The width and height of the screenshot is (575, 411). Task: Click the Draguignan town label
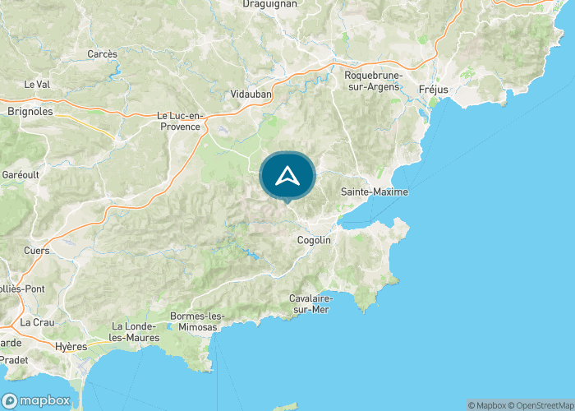click(x=269, y=4)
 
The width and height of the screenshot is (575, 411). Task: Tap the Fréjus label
click(x=433, y=88)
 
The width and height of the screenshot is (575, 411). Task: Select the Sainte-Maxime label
click(x=374, y=192)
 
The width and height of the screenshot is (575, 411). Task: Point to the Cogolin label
click(x=314, y=240)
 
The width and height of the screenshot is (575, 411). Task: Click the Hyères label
click(x=71, y=347)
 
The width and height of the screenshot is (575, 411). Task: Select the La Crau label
click(x=36, y=322)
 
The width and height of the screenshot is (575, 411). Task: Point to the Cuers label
click(x=36, y=251)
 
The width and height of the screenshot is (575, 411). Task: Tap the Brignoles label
click(x=30, y=111)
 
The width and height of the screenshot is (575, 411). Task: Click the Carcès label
click(x=103, y=54)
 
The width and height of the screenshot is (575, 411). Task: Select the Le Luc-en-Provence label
click(x=178, y=122)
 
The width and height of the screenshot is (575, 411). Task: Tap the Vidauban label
click(x=251, y=94)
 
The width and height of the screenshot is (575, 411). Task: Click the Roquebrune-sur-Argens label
click(x=371, y=81)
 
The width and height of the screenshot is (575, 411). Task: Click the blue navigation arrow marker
click(x=287, y=176)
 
